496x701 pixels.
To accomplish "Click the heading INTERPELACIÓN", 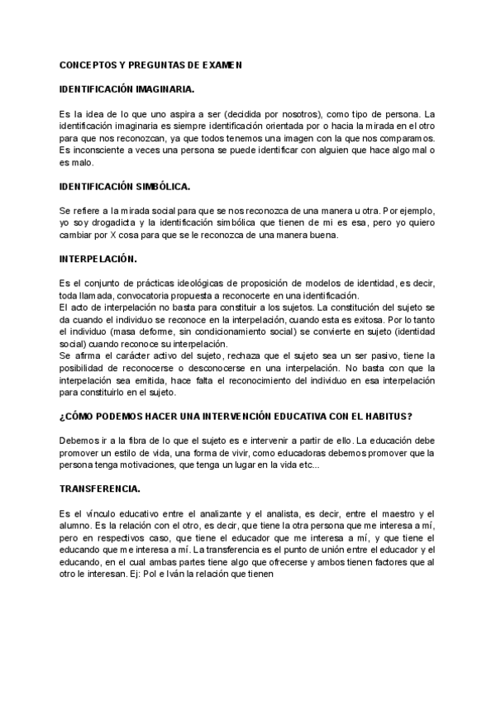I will tap(97, 259).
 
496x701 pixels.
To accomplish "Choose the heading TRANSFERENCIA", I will tap(99, 488).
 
